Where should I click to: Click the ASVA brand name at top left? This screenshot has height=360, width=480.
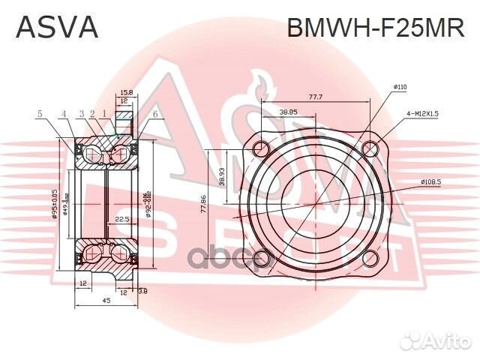pos(57,27)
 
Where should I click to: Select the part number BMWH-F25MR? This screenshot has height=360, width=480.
pos(376,27)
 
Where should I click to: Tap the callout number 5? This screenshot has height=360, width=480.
pos(40,114)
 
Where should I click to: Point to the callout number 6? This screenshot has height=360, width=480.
pos(154,114)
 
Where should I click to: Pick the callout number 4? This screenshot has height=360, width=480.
pos(64,114)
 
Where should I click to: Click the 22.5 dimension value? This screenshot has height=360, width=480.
pos(122,220)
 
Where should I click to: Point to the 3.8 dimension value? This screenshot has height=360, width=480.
pos(143,292)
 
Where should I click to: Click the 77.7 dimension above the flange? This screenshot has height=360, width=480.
pos(315,97)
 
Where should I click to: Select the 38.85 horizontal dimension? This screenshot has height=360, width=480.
pos(288,111)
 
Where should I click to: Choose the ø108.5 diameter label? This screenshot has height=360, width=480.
pos(430,181)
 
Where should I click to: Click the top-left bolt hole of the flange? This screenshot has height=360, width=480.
pos(259,148)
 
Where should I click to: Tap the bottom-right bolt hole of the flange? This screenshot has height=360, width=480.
pos(370,258)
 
